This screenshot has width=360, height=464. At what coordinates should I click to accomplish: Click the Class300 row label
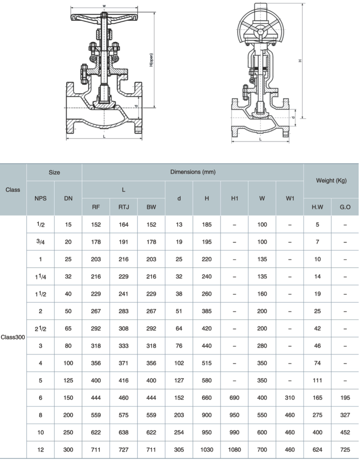tap(13, 337)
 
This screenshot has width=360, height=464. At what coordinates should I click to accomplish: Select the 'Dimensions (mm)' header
tap(193, 172)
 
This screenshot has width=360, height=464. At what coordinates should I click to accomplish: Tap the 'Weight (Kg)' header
tap(331, 180)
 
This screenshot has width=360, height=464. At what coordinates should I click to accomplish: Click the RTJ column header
tap(123, 207)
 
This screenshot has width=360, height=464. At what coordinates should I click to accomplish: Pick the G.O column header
tap(345, 207)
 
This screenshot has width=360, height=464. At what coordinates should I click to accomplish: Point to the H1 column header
tap(234, 198)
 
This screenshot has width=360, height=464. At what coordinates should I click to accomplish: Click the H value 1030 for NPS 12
tap(207, 449)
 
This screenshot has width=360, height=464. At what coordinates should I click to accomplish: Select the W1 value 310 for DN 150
tap(290, 398)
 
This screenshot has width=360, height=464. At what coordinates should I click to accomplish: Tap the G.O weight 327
tap(345, 415)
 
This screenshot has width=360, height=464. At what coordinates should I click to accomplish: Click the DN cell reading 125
tap(68, 380)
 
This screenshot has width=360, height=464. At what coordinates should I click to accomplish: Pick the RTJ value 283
tap(123, 311)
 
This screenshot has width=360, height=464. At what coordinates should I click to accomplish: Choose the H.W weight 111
tap(317, 380)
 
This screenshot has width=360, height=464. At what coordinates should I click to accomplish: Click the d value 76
tap(179, 346)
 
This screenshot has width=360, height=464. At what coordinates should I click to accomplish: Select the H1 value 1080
tap(234, 449)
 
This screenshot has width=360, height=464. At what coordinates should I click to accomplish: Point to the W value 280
tap(262, 346)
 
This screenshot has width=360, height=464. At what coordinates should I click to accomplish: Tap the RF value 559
tap(96, 415)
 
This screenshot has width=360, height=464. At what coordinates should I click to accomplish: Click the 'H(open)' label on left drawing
tap(151, 60)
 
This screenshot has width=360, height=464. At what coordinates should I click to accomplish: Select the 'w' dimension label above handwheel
tap(104, 6)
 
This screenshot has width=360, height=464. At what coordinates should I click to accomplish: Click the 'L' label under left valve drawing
tap(104, 136)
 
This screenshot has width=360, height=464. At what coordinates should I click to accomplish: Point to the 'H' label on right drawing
tap(300, 60)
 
